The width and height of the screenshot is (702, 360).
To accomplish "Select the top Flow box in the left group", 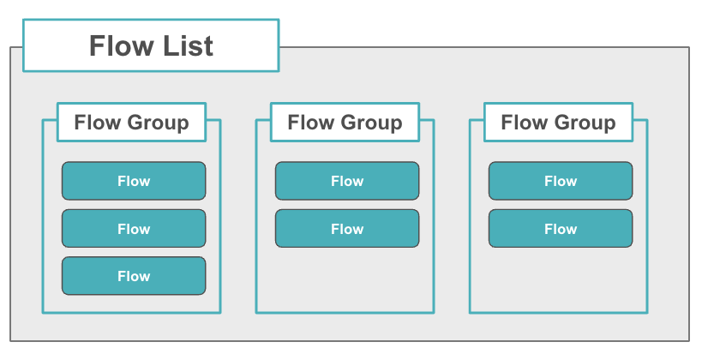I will click(134, 181).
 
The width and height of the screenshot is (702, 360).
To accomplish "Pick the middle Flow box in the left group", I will click(134, 229).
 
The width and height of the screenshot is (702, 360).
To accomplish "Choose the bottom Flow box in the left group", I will click(134, 276).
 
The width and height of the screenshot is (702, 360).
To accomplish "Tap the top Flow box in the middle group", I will click(347, 181).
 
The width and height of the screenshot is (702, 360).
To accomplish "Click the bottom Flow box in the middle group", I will click(347, 229).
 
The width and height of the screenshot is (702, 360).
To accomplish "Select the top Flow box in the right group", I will click(561, 181).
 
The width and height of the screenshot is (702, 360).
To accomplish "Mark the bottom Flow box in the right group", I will click(561, 229).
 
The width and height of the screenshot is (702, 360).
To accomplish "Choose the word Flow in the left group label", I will click(97, 123).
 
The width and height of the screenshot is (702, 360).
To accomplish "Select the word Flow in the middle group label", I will click(310, 123).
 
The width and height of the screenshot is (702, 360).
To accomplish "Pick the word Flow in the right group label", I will click(524, 123).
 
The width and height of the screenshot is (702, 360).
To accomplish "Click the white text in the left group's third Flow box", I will click(134, 276).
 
